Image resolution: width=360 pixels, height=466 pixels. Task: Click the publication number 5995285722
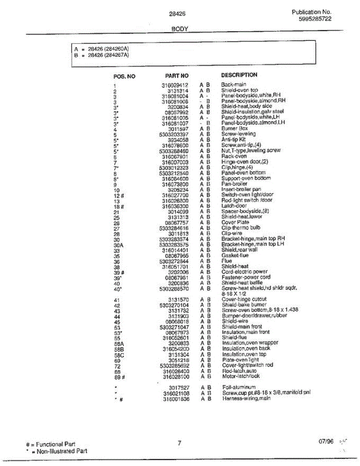coord(315,19)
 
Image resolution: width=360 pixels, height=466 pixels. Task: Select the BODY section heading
coord(179,29)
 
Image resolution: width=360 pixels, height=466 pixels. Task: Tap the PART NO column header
coord(177,76)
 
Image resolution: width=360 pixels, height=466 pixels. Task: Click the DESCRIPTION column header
coord(239,75)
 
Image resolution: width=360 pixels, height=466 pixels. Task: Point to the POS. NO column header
coord(124,77)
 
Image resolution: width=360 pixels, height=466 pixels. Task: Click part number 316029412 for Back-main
coord(175,85)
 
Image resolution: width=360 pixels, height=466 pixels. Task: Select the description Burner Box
coord(235,129)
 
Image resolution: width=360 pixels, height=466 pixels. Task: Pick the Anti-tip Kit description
coord(233,139)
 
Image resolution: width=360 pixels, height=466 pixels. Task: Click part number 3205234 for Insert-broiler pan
coord(178,190)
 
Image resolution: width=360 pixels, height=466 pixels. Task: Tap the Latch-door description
coord(234,206)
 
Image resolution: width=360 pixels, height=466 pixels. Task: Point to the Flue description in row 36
coord(226,261)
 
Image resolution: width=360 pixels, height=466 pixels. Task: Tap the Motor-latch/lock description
coord(241,376)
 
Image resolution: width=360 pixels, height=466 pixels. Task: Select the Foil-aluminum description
coord(239,387)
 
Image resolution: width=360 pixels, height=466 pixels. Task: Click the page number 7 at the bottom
coord(179,443)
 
